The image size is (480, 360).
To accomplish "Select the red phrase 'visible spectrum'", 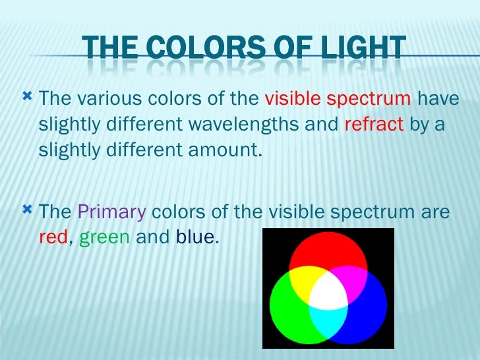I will (x=337, y=100).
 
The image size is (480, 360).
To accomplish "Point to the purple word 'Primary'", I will (x=111, y=213).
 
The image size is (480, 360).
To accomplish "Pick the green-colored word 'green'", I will (x=104, y=237).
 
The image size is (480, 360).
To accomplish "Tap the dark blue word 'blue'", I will (x=195, y=237).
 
